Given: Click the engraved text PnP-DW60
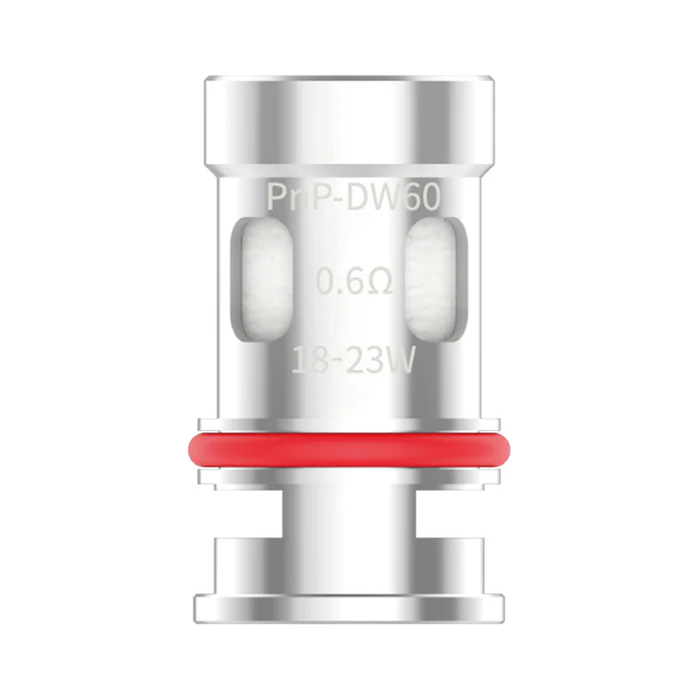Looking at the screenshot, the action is [353, 198].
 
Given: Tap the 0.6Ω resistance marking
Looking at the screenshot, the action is [354, 282].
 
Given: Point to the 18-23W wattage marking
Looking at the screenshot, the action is [353, 360].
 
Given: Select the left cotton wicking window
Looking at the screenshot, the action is [262, 280].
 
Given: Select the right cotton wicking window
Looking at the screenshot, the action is [436, 280].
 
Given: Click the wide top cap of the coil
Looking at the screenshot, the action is [349, 121].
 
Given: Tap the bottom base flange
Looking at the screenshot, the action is [349, 608].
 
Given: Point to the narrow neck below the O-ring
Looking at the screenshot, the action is [349, 513].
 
